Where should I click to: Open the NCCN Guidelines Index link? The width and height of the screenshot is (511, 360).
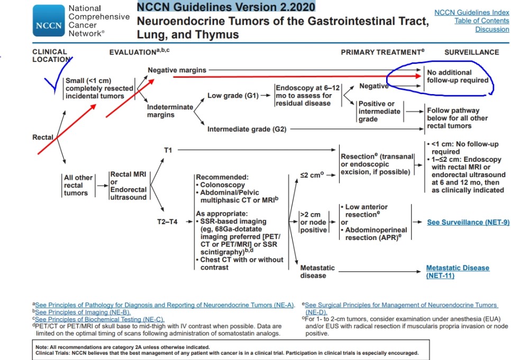tap(471, 12)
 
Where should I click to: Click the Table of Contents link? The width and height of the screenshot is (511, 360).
tap(481, 21)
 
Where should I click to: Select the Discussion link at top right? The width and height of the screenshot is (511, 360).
tap(492, 29)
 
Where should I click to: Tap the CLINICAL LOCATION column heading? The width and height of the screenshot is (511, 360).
tap(50, 56)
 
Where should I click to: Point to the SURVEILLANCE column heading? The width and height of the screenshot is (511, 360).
tap(471, 52)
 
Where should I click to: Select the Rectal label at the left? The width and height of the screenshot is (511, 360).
tap(43, 137)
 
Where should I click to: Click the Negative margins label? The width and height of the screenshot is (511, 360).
tap(177, 70)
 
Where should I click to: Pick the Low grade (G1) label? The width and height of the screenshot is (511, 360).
tap(233, 96)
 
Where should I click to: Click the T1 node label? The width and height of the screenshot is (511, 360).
tap(168, 150)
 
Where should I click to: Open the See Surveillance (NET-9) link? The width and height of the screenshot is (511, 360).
tap(468, 222)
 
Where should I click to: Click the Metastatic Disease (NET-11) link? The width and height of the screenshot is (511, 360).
tap(458, 272)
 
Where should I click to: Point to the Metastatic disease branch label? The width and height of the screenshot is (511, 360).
tap(317, 272)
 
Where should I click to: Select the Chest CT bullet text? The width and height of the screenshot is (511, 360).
tap(241, 263)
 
